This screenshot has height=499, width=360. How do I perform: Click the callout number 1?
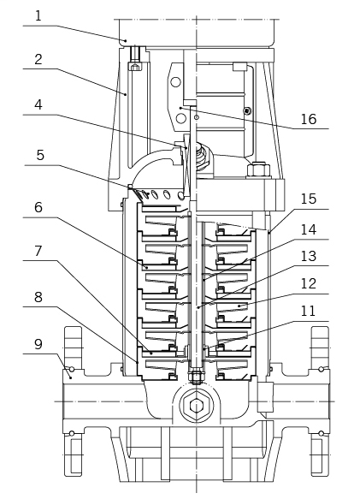pos(38,16)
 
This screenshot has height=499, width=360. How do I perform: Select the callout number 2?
pos(38,60)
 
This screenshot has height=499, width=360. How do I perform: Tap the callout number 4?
pos(38,104)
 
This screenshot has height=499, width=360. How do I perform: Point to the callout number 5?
pos(40,155)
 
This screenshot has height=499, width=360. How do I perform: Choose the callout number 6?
pos(38,207)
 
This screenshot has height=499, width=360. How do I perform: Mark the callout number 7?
pos(38,251)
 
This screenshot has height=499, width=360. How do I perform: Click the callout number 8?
pos(38,297)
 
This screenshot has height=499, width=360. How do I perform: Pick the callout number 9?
pos(38,344)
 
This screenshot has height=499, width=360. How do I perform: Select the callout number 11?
pos(308,311)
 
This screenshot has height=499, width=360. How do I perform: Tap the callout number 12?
pos(308,283)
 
